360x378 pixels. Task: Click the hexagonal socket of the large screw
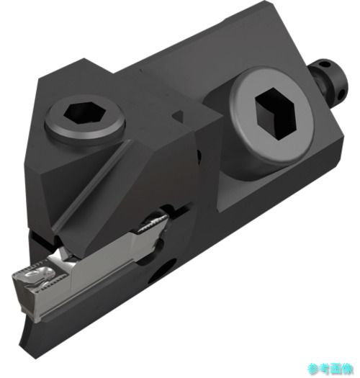coord(275,113)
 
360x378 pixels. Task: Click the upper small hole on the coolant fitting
coord(325,65)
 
